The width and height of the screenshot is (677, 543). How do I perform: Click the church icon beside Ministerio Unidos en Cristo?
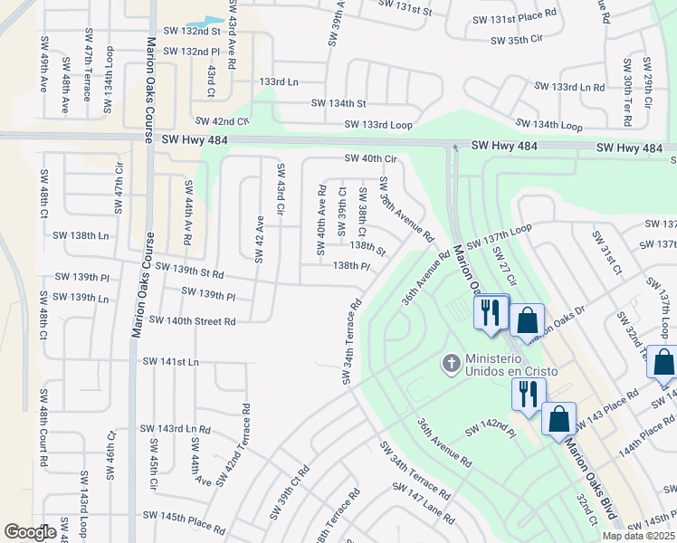coord(450,364)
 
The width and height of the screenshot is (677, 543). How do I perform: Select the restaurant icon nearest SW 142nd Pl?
coord(528,393)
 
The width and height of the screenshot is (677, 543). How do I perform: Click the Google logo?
coord(30,532)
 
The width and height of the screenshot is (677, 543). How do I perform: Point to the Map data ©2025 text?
coord(638,536)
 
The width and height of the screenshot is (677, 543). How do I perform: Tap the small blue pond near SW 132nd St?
coord(205,23)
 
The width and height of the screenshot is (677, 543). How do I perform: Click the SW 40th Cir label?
coord(370,159)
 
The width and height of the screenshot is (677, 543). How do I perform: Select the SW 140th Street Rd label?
coord(192,321)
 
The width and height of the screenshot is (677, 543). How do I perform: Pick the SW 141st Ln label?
coord(170,362)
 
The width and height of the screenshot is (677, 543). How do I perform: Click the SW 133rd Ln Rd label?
coord(568,87)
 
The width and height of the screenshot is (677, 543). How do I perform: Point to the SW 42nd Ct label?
coord(220,121)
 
